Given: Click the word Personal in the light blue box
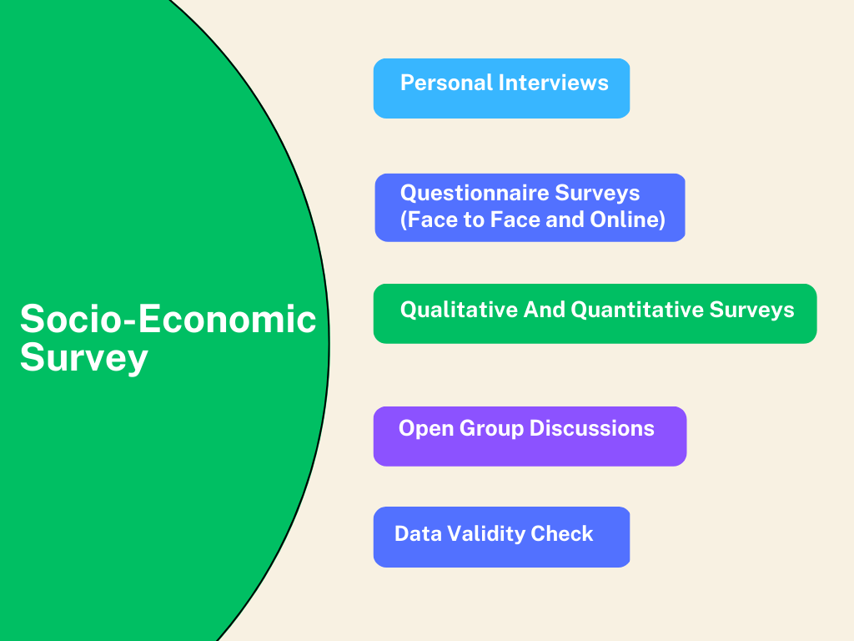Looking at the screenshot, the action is pos(446,83).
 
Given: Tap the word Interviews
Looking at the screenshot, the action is pos(554,83).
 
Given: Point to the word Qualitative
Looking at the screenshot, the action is pos(459,310).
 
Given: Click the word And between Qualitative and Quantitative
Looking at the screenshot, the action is pos(544,310).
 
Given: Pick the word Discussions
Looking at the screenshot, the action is pos(591,428).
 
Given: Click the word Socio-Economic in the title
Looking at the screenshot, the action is pos(168,319).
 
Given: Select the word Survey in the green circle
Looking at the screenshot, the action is pos(84,358).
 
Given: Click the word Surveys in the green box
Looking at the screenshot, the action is pos(751,310).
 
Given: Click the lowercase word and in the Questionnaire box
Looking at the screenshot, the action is pos(565,220).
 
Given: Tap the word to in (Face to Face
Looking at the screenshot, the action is pos(474,220).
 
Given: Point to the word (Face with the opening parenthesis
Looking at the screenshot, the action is pos(430,220).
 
